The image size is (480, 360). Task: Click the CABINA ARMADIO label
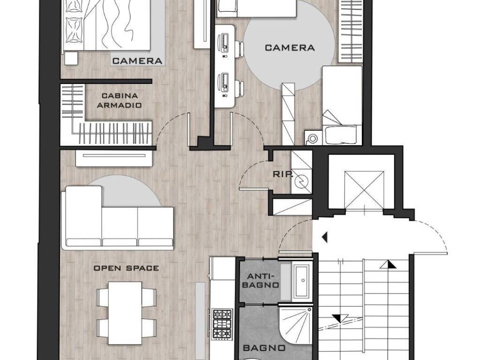[x=120, y=100]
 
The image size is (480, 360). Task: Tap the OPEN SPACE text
[x=126, y=268]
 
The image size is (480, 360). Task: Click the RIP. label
[x=282, y=174]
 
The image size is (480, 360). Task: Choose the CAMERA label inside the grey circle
[x=290, y=48]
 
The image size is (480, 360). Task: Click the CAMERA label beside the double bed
[x=137, y=61]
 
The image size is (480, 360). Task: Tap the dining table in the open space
[x=125, y=313]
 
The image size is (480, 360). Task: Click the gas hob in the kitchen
[x=222, y=324]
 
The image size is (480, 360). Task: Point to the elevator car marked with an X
[x=364, y=189]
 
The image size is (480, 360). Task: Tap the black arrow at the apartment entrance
[x=325, y=237]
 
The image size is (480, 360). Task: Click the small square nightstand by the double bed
[x=71, y=58]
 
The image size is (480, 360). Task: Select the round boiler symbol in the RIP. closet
[x=302, y=181]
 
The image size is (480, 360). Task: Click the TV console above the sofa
[x=114, y=158]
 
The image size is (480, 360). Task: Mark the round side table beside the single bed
[x=312, y=138]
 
